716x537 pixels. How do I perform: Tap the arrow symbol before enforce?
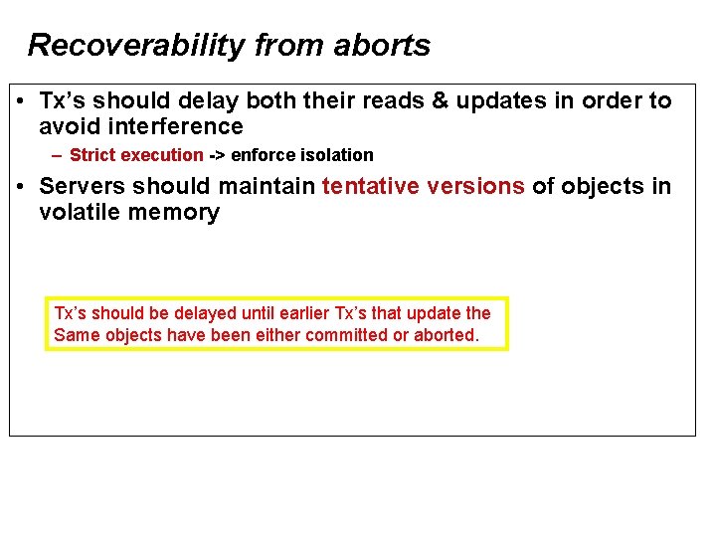point(217,155)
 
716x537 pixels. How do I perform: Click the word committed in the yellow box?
point(346,335)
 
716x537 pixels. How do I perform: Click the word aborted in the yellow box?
point(446,335)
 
